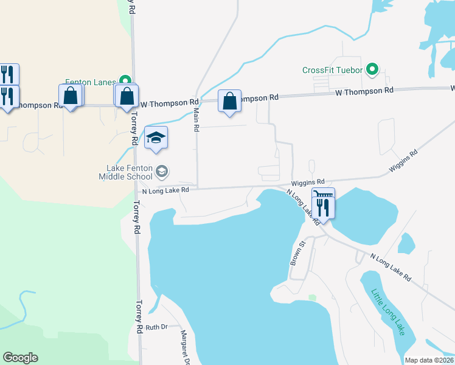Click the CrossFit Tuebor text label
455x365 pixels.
pyautogui.click(x=333, y=70)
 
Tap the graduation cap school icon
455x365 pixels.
pyautogui.click(x=156, y=138)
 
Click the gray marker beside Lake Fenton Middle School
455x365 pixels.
pyautogui.click(x=162, y=172)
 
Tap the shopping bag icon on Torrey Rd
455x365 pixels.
pyautogui.click(x=127, y=96)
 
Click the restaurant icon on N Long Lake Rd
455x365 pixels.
pyautogui.click(x=323, y=207)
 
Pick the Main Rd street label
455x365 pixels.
pyautogui.click(x=196, y=120)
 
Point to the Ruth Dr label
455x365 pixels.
pyautogui.click(x=156, y=327)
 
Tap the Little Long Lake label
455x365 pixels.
pyautogui.click(x=387, y=311)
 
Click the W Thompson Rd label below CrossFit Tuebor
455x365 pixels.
pyautogui.click(x=364, y=91)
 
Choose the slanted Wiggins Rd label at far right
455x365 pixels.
pyautogui.click(x=405, y=161)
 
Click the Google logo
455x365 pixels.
pyautogui.click(x=20, y=358)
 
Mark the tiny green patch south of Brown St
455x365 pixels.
pyautogui.click(x=313, y=297)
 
